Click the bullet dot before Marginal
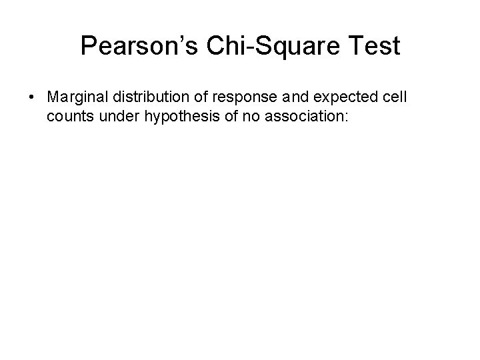click(32, 97)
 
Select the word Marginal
click(74, 97)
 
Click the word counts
click(67, 117)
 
